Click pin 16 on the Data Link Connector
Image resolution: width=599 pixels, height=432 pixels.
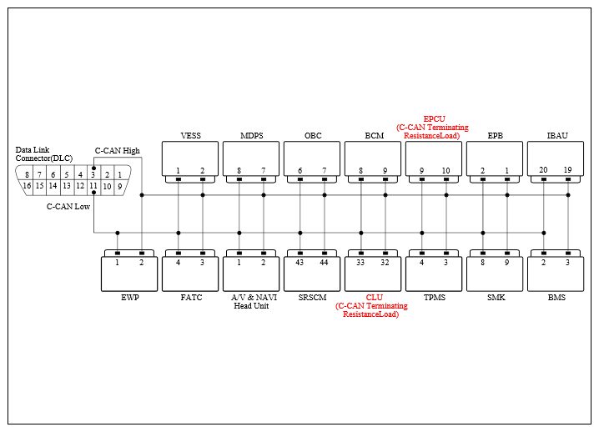click(x=27, y=186)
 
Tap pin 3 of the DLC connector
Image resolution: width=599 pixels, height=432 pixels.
click(x=93, y=175)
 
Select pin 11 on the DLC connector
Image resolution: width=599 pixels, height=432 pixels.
click(x=93, y=186)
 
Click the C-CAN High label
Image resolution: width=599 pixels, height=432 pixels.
click(x=118, y=151)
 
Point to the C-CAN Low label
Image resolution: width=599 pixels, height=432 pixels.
click(x=68, y=207)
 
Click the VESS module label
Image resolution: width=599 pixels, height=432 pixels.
click(x=190, y=136)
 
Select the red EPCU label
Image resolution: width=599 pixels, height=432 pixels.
click(x=435, y=119)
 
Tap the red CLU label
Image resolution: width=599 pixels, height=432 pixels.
click(x=375, y=298)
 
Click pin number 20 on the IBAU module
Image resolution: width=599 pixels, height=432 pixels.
click(x=543, y=170)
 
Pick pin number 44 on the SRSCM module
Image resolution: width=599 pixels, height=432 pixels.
click(x=324, y=263)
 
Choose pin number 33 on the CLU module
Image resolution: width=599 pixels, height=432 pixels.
click(x=360, y=263)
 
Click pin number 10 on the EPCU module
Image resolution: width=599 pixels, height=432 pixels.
click(x=445, y=171)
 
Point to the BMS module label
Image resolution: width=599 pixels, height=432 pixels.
click(x=556, y=298)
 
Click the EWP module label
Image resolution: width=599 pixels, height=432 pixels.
click(x=130, y=298)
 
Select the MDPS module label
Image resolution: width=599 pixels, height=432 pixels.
click(x=252, y=136)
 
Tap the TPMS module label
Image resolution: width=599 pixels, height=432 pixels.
click(x=435, y=298)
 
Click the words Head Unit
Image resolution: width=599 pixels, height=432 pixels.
click(x=251, y=306)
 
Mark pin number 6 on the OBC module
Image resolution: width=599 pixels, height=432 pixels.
click(x=299, y=171)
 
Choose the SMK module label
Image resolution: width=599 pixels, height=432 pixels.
click(x=496, y=298)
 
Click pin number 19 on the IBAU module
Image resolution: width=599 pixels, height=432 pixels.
click(x=567, y=170)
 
